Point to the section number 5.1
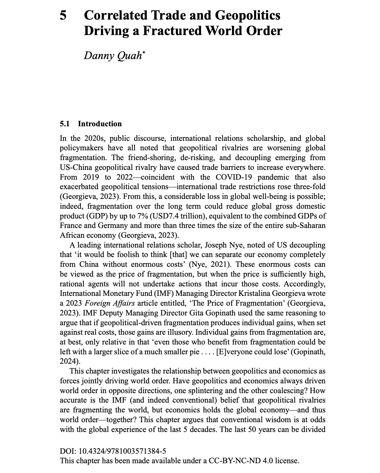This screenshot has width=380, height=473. coord(64,124)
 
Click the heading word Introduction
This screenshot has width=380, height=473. coord(100,124)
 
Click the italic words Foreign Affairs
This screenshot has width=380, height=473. coord(110,303)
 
